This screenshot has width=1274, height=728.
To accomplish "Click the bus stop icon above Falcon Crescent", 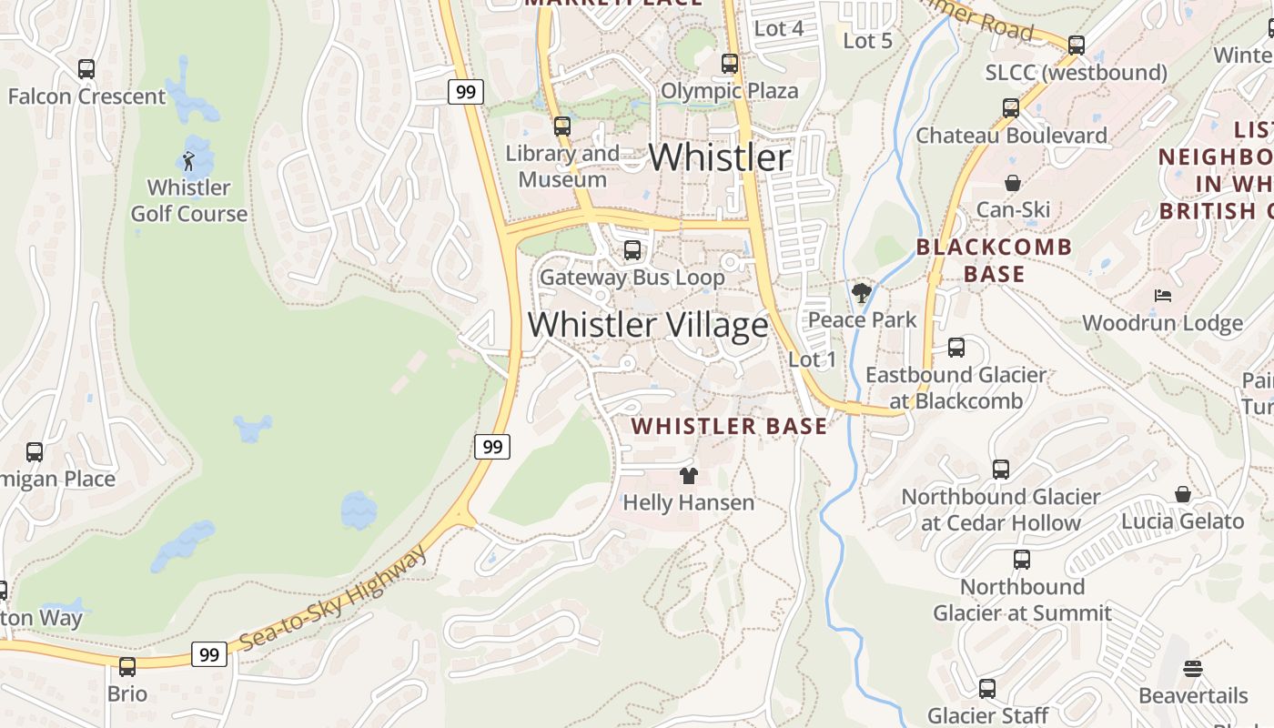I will (x=86, y=69).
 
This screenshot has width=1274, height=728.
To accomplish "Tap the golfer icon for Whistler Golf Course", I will (x=188, y=162).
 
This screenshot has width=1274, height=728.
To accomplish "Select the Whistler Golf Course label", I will (x=189, y=201).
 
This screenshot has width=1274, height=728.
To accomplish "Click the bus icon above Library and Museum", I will (x=562, y=126).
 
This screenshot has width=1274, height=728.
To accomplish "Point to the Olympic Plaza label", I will (x=729, y=91).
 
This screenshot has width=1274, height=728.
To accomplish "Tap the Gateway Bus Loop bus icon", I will (x=632, y=249).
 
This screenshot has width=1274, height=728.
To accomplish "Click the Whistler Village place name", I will (x=648, y=325).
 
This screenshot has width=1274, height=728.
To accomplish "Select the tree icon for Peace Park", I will (x=861, y=293).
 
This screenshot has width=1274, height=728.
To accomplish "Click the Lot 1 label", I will (x=812, y=359).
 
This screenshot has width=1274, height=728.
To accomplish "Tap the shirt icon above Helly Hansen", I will (x=689, y=475).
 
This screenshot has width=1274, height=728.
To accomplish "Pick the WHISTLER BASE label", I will (x=729, y=426).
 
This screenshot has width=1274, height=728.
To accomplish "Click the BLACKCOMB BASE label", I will (x=994, y=260).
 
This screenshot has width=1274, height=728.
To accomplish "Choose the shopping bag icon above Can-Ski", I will (x=1013, y=184).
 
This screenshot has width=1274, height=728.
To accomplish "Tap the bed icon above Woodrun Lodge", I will (x=1162, y=296).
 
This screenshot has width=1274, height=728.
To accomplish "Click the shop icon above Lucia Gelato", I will (x=1183, y=494).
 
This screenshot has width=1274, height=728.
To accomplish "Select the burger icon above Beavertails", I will (x=1193, y=669).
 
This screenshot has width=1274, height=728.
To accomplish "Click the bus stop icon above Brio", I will (x=127, y=666).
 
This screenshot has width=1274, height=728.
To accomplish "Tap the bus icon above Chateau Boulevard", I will (x=1011, y=108).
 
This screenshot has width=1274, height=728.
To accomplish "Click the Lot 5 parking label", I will (x=867, y=41).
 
